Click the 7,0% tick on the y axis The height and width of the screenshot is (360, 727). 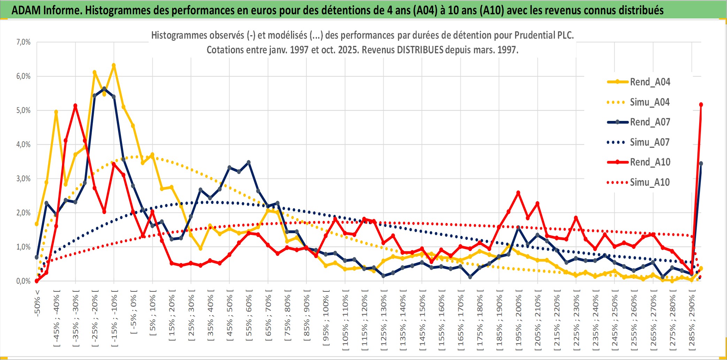(23, 42)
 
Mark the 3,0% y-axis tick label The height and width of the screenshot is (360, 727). (23, 179)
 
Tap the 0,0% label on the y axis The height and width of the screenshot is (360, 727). (23, 281)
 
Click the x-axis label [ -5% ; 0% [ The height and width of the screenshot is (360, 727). (133, 312)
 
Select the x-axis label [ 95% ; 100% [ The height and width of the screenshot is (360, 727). (326, 320)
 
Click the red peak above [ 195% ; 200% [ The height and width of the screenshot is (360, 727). (518, 192)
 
